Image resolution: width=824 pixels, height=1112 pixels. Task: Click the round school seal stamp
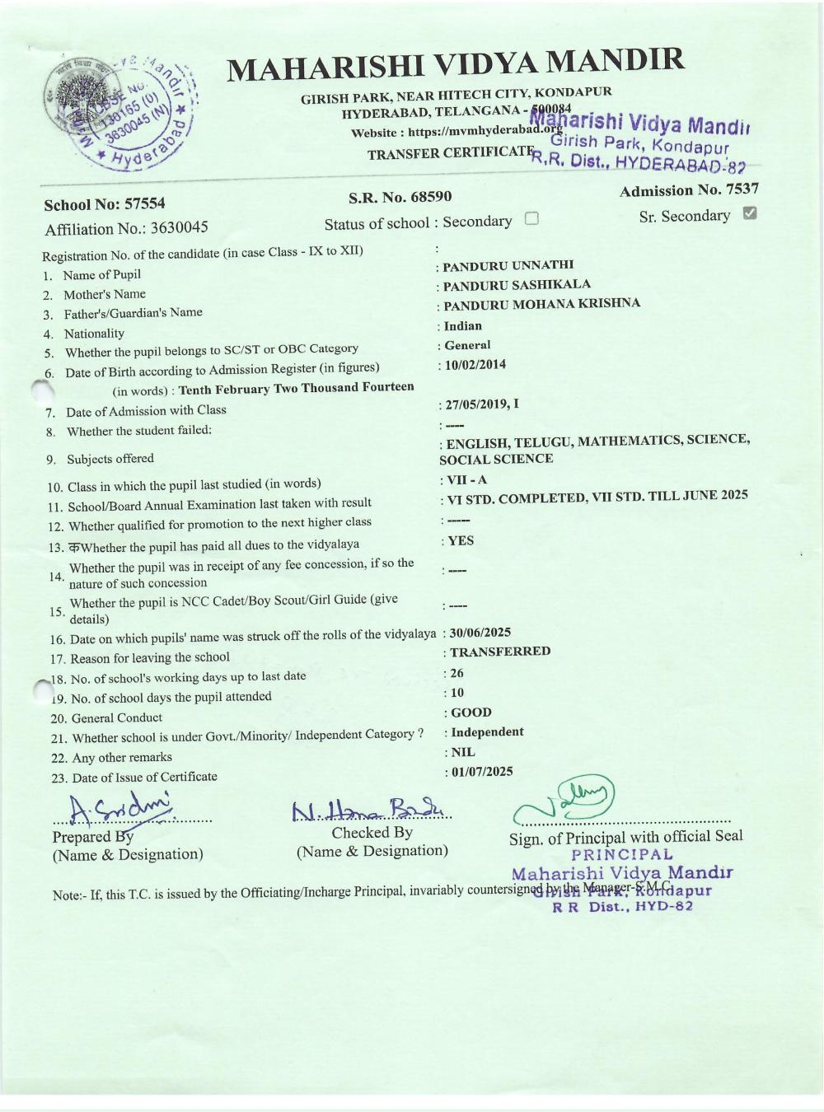tap(119, 110)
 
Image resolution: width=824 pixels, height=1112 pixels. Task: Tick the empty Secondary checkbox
tap(531, 219)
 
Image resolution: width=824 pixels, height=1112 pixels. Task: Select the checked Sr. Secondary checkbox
tap(749, 213)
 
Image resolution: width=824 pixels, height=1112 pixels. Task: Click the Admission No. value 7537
tap(742, 189)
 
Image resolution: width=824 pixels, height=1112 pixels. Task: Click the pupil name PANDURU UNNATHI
tap(508, 265)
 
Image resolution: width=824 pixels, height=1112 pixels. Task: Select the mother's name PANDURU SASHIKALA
tap(517, 284)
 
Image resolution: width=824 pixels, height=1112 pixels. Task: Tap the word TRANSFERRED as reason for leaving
tap(500, 651)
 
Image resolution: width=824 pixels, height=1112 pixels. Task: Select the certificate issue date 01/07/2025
tap(481, 771)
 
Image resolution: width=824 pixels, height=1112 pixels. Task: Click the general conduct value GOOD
tap(471, 712)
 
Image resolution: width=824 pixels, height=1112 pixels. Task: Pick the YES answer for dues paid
tap(461, 540)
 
